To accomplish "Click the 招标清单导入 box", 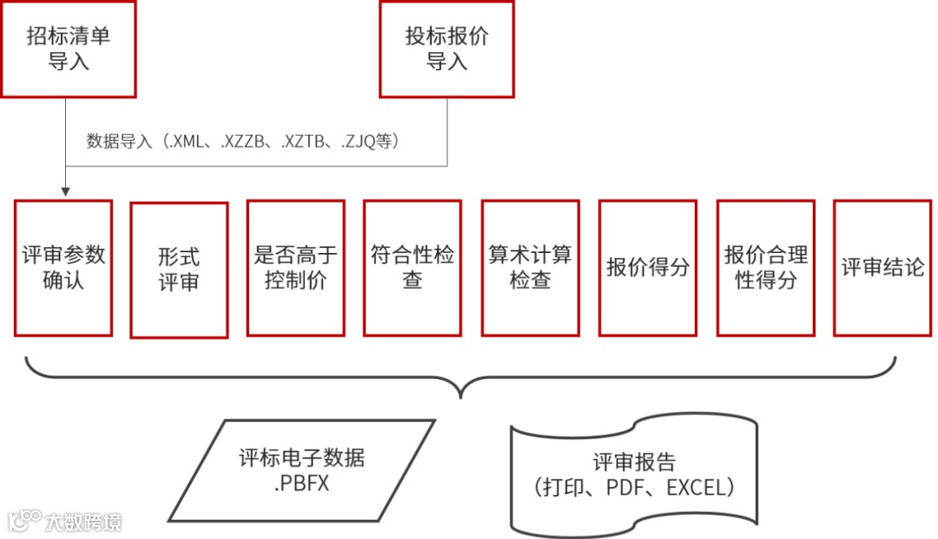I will point(68,49).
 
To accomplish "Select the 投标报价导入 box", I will point(446,49).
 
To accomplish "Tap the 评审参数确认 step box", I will point(63,268).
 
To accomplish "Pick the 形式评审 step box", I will point(179,269).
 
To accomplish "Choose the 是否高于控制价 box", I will point(296,268).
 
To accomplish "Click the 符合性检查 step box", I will point(413,268).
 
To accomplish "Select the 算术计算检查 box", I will point(530,268).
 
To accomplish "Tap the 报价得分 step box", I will point(647,268).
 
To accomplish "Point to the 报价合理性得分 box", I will point(765,268).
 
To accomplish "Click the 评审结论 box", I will point(882,268).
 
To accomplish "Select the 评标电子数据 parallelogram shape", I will point(301,470).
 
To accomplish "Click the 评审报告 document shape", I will point(634,475).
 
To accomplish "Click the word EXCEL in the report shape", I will point(695,488).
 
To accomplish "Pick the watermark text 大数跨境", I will point(84,522).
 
